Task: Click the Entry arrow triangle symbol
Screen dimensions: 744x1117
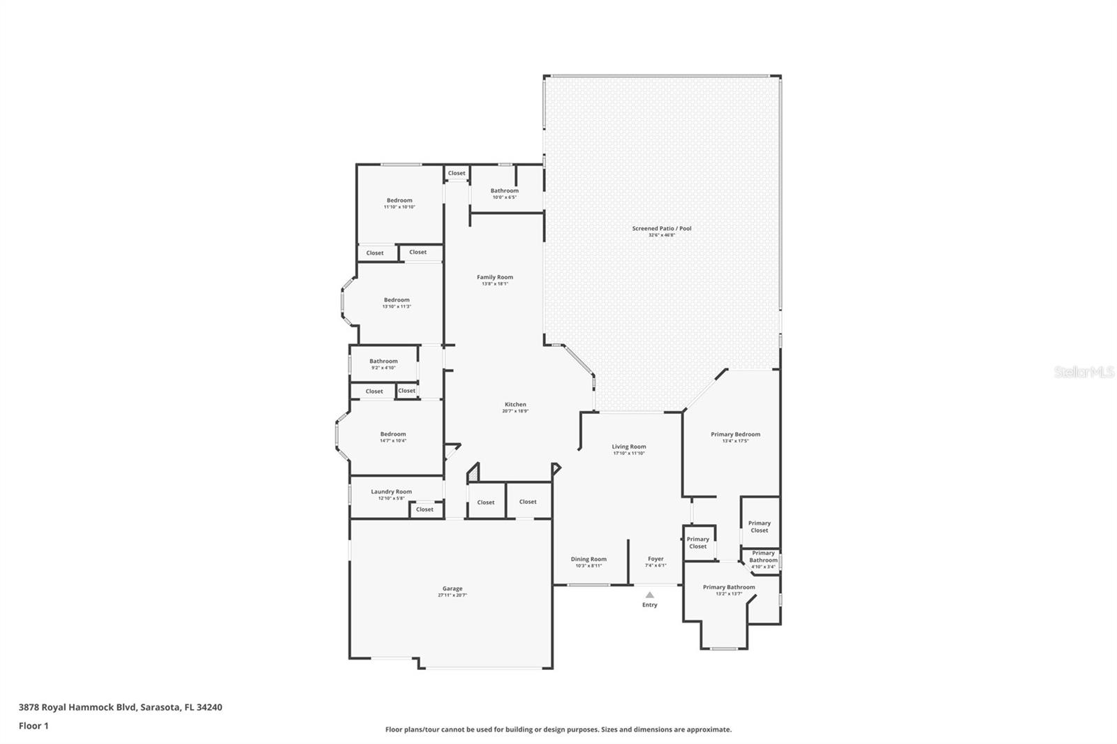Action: point(649,595)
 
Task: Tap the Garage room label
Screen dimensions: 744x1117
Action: point(452,588)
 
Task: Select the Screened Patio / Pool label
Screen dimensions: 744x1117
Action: point(662,228)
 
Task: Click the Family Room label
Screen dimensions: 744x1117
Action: point(495,277)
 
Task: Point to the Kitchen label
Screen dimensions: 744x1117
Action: point(515,404)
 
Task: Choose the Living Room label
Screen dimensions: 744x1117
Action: point(629,447)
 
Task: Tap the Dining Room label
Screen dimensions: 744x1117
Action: point(589,559)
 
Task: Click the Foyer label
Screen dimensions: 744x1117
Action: point(656,559)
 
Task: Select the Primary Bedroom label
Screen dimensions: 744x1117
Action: point(735,434)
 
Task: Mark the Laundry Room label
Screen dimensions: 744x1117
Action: point(391,491)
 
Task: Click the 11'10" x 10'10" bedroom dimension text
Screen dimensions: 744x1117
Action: point(399,207)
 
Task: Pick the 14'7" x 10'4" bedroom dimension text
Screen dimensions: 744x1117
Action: point(393,441)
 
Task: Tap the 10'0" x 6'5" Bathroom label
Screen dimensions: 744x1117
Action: point(504,191)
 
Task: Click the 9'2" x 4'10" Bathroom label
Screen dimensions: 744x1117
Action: point(383,362)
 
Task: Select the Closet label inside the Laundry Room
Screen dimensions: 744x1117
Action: point(424,509)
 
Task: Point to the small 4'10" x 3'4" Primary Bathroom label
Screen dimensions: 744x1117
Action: point(763,557)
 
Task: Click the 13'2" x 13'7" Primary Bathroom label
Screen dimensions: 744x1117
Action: point(729,587)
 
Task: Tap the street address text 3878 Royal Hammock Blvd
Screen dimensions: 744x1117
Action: point(77,707)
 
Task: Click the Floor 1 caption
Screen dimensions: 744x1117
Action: point(34,726)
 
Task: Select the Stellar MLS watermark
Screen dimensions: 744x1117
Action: point(1083,372)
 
